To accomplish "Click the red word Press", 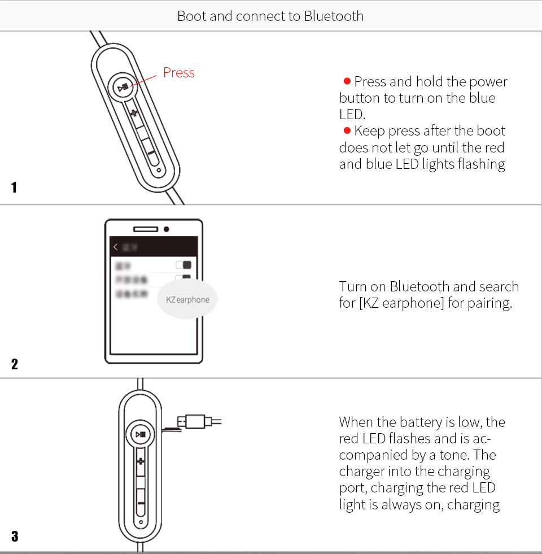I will [x=178, y=73].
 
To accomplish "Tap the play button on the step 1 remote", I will [x=123, y=88].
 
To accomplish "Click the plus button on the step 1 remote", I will [x=134, y=114].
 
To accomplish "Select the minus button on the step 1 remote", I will [x=151, y=151].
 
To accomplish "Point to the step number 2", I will [x=14, y=364].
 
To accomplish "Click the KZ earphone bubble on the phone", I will [x=187, y=300].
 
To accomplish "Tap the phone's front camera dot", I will [x=166, y=229].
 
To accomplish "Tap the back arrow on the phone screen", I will [x=116, y=247].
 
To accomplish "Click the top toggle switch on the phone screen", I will [x=183, y=265].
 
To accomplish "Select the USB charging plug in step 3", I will [x=195, y=421].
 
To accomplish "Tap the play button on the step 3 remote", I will [x=140, y=435].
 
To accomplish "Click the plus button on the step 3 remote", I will [x=141, y=462].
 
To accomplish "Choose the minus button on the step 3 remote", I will [x=141, y=503].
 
